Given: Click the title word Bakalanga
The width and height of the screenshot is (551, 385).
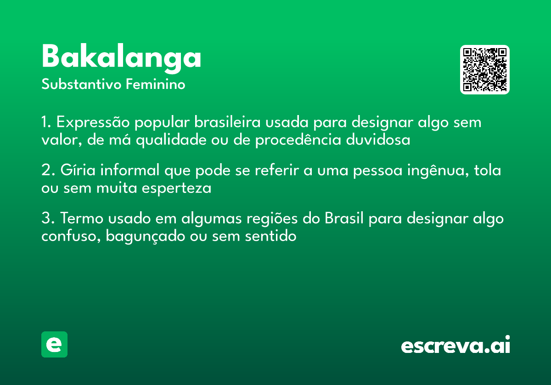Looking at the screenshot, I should [121, 58].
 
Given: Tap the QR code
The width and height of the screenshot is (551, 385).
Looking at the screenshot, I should [484, 70].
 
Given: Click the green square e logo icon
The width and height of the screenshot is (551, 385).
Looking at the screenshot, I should [54, 344].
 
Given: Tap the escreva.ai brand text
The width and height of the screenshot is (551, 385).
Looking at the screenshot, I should [455, 346].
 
